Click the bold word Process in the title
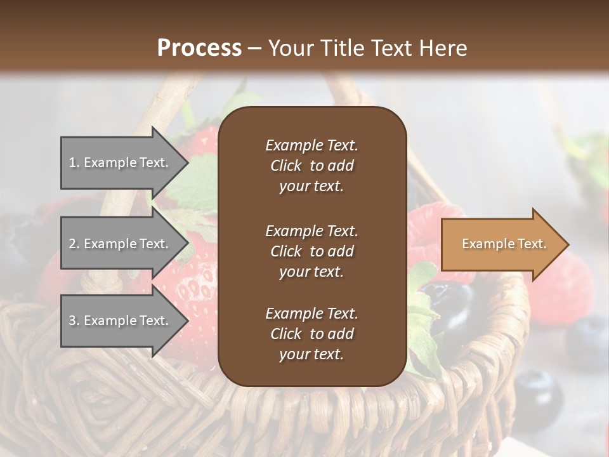click(199, 48)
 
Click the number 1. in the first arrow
click(75, 162)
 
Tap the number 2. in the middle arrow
click(75, 244)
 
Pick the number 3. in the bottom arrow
click(75, 321)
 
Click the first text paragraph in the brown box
click(311, 166)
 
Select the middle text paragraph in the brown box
click(311, 251)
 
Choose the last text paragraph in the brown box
click(311, 334)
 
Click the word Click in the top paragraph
click(285, 166)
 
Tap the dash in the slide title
click(255, 48)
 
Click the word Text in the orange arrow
click(532, 244)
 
